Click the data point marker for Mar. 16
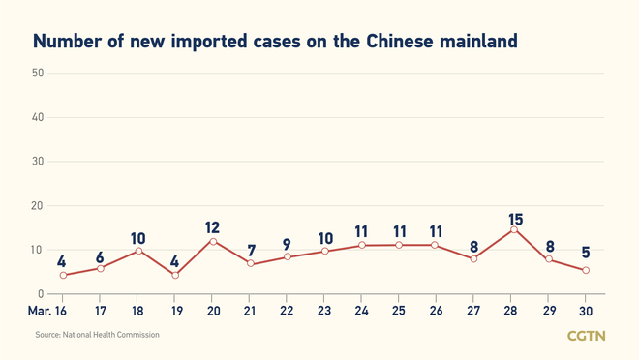click(63, 276)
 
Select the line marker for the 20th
click(213, 241)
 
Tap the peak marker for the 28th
click(512, 229)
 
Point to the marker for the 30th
click(587, 271)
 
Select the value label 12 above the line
click(213, 227)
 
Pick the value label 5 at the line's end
click(587, 254)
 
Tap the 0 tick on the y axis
click(40, 293)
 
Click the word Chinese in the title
click(411, 42)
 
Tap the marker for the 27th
click(474, 259)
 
